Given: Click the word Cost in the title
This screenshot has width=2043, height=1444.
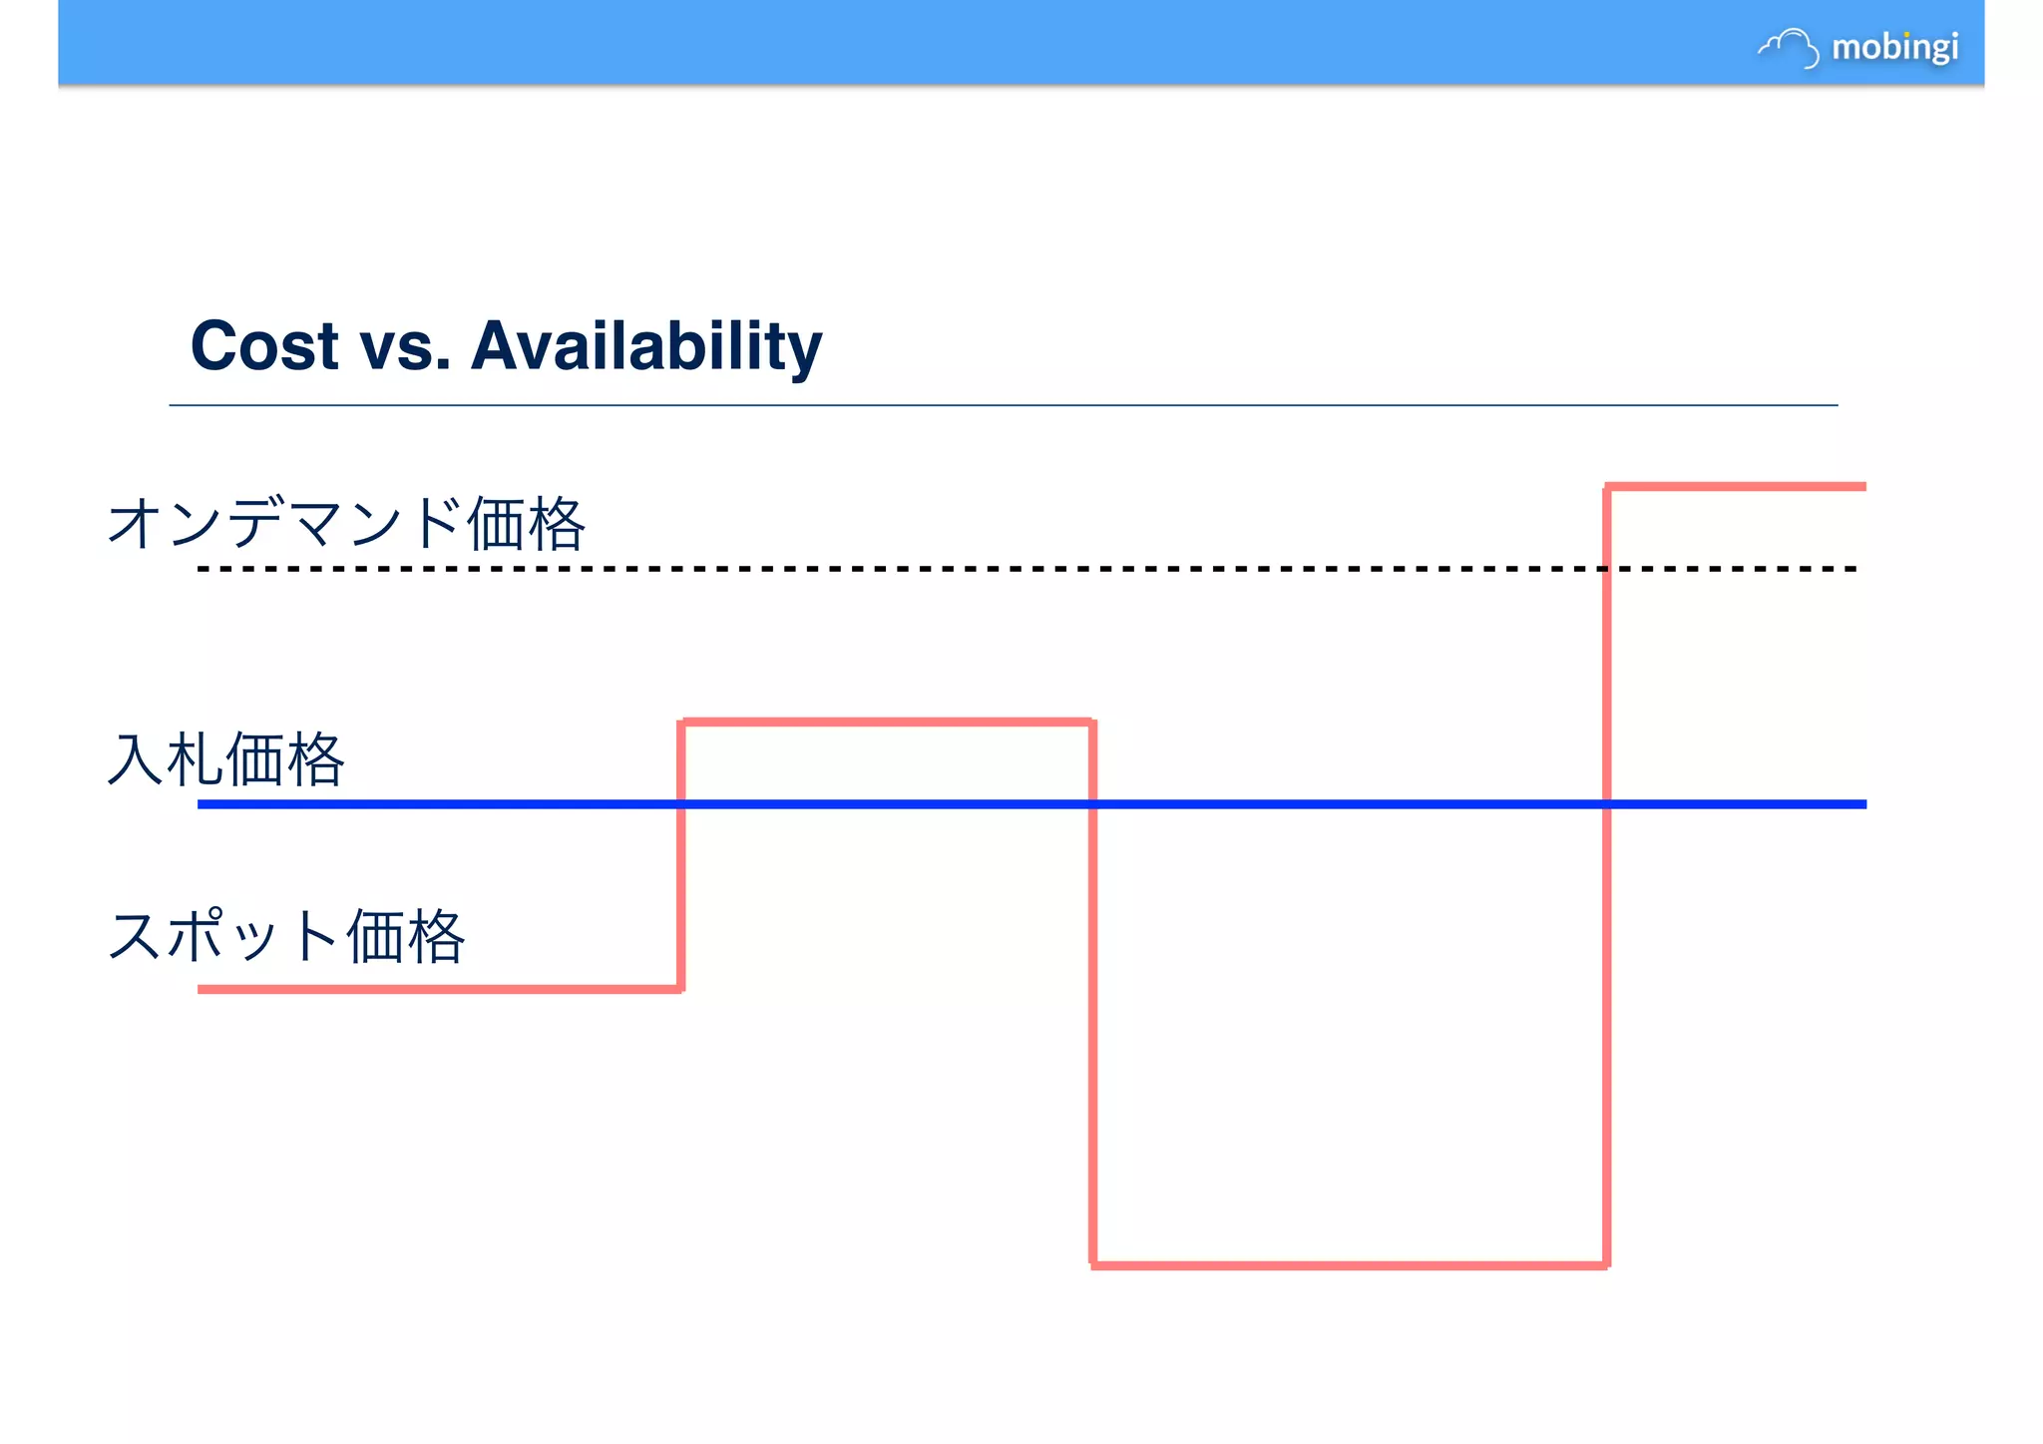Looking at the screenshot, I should [x=264, y=346].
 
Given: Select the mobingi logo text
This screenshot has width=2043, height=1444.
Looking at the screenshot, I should [x=1894, y=47].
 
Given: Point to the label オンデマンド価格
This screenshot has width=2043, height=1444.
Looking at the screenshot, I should [x=345, y=523].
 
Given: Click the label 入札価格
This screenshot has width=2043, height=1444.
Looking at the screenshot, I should [x=225, y=759].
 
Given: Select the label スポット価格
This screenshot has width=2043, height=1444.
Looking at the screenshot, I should [x=285, y=936].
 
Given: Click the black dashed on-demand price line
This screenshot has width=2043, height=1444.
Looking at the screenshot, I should [x=898, y=569].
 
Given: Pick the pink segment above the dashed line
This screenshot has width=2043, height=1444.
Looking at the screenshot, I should [x=1736, y=487].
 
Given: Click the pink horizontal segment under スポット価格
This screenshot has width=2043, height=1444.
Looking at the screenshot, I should [x=439, y=989].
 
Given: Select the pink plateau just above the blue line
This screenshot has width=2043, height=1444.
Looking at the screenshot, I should [x=887, y=721].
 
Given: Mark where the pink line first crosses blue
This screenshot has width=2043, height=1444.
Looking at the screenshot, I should [x=681, y=803].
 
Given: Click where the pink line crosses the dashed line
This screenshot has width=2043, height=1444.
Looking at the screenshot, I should [x=1607, y=569].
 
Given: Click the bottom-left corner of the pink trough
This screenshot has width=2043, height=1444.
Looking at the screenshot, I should [x=1094, y=1265].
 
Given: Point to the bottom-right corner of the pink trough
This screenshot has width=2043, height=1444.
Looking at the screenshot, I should [x=1607, y=1265].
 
